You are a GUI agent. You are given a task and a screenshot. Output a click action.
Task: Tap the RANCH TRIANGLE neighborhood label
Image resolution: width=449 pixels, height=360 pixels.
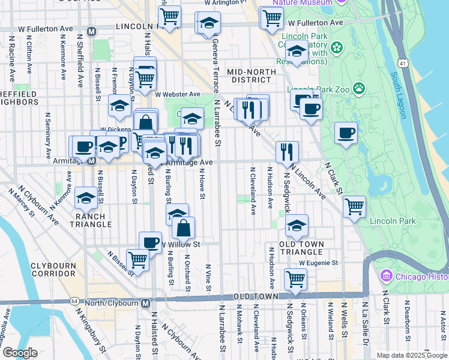[x=93, y=220]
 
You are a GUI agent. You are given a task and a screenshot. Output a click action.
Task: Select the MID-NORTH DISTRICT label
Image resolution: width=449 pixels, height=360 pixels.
[x=251, y=76]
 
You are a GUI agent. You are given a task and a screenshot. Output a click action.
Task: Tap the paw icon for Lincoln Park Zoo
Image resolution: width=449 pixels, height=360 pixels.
[x=359, y=88]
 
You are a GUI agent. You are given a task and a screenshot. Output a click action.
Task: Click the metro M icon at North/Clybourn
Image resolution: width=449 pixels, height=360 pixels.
[x=145, y=303]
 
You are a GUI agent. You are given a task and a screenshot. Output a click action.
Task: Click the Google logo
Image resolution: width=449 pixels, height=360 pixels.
[x=20, y=353]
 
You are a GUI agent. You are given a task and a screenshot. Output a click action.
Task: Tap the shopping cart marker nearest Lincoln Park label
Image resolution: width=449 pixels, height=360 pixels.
[x=355, y=206]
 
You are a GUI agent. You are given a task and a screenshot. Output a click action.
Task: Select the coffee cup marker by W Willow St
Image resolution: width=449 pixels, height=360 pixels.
[x=150, y=242]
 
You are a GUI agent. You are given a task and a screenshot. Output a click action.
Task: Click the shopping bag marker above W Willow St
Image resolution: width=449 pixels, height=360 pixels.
[x=184, y=228]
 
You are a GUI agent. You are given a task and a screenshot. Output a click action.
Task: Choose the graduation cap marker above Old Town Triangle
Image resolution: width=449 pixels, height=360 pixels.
[x=297, y=226]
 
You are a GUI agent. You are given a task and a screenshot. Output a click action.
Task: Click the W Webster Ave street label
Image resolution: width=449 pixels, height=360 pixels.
[x=178, y=94]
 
